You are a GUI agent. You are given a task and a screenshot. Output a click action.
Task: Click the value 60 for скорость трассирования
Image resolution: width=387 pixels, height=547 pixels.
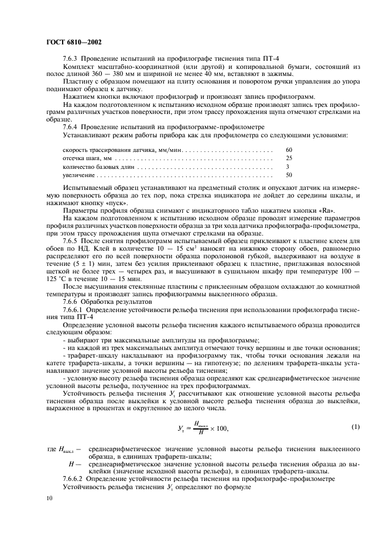coord(289,150)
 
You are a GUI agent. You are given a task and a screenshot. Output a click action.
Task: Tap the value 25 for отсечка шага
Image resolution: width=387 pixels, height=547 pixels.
coord(289,158)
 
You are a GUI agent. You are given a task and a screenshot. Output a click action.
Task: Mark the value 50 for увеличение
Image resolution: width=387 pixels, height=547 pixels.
coord(289,175)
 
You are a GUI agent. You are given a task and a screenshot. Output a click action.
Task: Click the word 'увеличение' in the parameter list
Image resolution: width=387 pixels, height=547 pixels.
coord(79,175)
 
